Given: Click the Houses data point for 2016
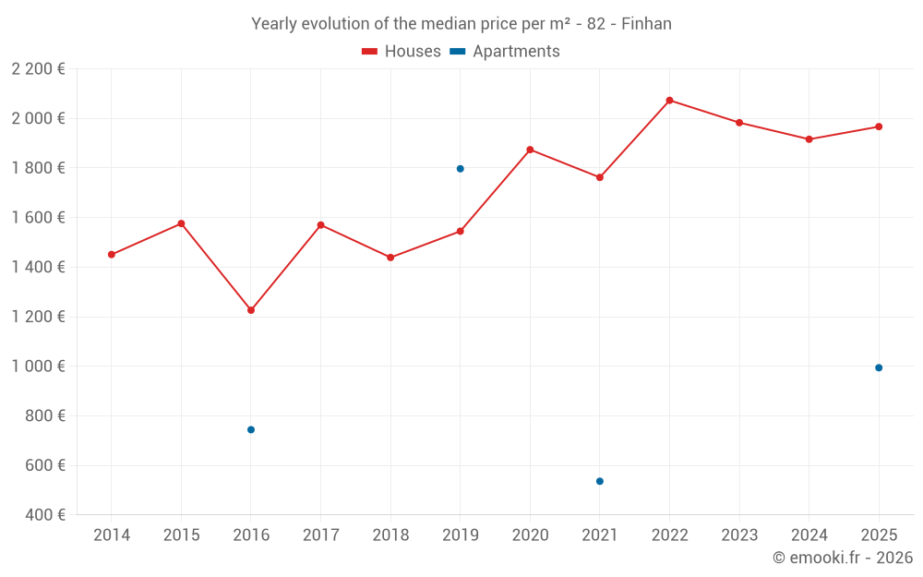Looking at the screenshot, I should [x=251, y=310].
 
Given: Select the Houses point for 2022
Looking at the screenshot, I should [x=669, y=101].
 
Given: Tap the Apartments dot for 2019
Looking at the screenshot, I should [x=460, y=169].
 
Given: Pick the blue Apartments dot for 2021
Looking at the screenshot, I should [x=600, y=481].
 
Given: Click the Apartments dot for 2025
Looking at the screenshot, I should [x=879, y=368].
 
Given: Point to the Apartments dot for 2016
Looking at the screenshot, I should [x=251, y=429].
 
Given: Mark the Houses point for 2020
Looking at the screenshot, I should [x=530, y=150].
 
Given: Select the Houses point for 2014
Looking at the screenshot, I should [x=112, y=255].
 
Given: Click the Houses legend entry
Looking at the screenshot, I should [x=402, y=52].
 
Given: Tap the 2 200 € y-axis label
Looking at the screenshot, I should [x=39, y=69].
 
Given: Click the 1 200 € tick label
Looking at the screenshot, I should [x=39, y=317].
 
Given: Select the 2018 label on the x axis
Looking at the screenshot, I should [x=390, y=535].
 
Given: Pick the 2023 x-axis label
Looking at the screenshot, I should [x=739, y=535].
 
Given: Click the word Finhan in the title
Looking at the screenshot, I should [x=646, y=24].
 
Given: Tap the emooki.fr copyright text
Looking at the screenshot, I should [x=843, y=558].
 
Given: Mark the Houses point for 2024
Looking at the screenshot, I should [x=809, y=139].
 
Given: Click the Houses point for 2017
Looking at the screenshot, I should [x=321, y=225].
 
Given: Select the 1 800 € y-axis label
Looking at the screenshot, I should [x=39, y=168].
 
